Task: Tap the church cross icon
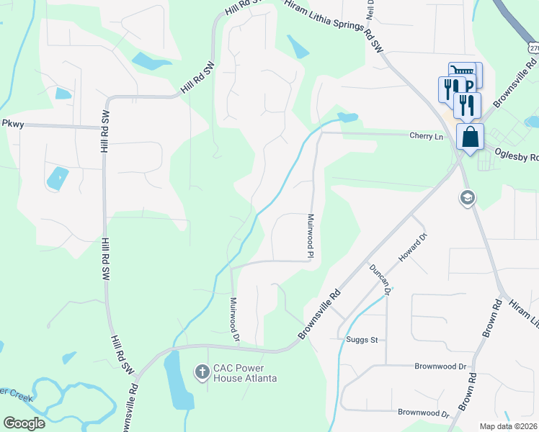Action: click(x=202, y=372)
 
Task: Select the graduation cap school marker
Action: click(x=468, y=197)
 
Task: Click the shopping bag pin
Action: click(x=470, y=137)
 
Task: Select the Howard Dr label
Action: click(x=413, y=247)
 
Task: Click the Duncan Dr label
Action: click(x=379, y=279)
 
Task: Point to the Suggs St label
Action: click(x=352, y=339)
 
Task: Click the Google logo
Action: click(x=24, y=423)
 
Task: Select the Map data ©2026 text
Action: click(x=509, y=426)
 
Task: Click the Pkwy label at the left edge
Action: click(x=13, y=124)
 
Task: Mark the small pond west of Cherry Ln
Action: click(x=347, y=117)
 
